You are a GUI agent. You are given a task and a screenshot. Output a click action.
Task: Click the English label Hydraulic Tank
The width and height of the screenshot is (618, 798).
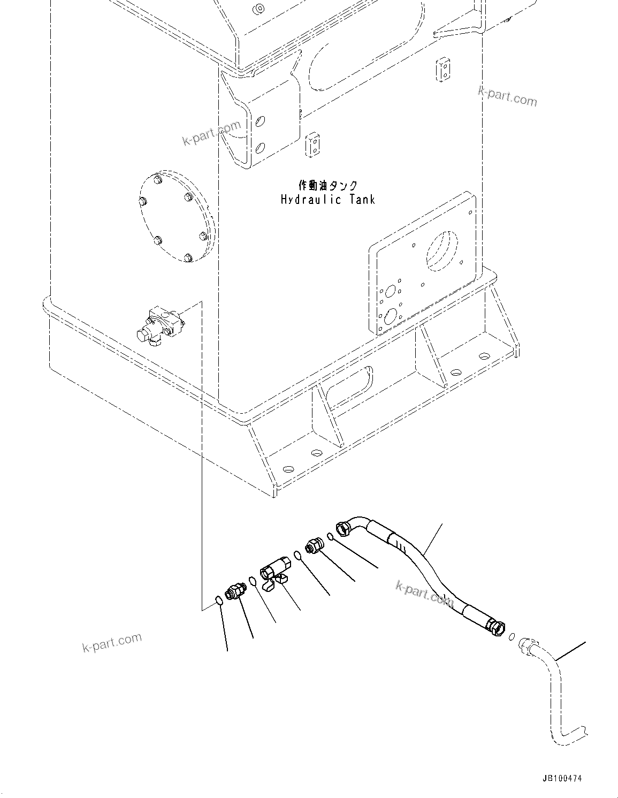pos(328,200)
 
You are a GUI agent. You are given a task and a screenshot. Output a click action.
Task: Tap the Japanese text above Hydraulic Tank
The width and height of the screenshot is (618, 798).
pos(328,185)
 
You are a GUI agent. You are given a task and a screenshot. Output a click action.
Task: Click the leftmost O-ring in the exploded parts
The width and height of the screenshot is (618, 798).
pos(219,601)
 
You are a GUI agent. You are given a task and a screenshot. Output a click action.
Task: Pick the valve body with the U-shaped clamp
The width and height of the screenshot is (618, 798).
pos(275,571)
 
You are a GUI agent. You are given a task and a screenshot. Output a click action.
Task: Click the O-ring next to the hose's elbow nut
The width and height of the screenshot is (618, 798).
pos(331,537)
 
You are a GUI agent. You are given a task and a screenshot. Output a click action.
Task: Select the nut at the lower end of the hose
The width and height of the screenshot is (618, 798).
pos(495,626)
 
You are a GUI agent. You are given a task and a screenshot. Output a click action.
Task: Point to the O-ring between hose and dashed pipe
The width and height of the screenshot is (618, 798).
pos(512,636)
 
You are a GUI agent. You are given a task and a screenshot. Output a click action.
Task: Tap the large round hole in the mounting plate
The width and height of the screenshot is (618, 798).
pos(442,249)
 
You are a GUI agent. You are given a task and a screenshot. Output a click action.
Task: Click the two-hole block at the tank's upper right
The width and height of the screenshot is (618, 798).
pos(443,71)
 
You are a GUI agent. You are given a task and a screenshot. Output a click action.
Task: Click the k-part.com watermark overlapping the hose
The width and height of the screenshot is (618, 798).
pos(424,593)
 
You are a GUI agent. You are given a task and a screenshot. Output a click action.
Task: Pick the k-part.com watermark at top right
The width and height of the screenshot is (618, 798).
pos(507,97)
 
